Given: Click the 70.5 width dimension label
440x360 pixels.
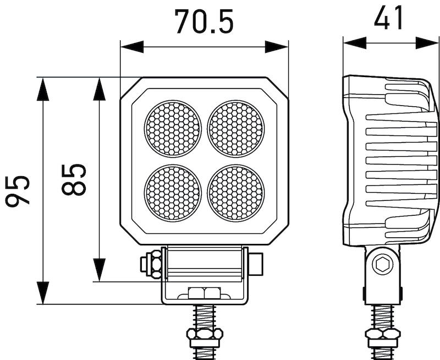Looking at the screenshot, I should coord(204,22).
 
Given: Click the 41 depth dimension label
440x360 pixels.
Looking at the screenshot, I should coord(389,18).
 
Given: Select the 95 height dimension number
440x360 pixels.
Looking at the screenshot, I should coord(17,191).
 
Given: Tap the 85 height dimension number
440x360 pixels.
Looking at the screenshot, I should coord(74,179).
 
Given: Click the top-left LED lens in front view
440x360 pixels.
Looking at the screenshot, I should coord(173,128).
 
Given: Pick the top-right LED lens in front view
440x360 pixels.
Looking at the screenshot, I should coord(236,128).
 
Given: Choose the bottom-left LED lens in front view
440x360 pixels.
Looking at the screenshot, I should coord(173,192).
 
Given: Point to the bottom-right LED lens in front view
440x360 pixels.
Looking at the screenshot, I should coord(236,192).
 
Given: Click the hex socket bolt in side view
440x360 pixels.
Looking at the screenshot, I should coord(382,265).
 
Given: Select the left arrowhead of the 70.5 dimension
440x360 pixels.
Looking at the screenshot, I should coord(131,47).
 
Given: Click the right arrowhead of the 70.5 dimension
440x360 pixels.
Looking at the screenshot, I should coord(277,47).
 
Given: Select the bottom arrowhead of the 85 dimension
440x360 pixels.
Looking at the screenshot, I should coord(100,270).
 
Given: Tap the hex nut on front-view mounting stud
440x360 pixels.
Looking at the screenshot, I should coord(204,334).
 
